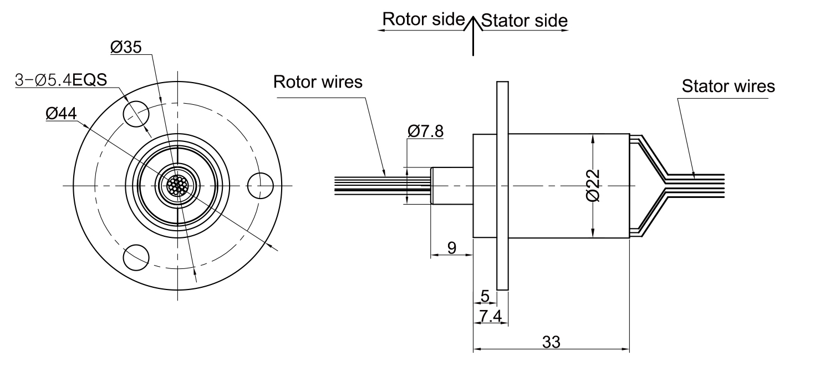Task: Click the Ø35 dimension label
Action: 126,47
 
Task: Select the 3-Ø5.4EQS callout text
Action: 61,80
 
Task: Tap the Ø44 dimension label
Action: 61,113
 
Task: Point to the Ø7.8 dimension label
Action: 425,131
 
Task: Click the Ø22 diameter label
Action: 593,185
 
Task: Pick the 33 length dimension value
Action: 551,342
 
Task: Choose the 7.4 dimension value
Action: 491,316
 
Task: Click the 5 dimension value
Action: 485,296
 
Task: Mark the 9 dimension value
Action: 452,248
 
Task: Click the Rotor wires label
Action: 318,82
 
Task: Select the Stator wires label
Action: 729,87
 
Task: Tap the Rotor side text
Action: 424,19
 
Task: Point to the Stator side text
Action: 525,21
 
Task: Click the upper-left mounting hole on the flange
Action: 136,114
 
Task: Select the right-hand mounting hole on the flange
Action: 260,186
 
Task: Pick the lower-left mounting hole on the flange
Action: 136,257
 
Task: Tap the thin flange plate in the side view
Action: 502,186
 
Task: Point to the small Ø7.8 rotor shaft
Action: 452,186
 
